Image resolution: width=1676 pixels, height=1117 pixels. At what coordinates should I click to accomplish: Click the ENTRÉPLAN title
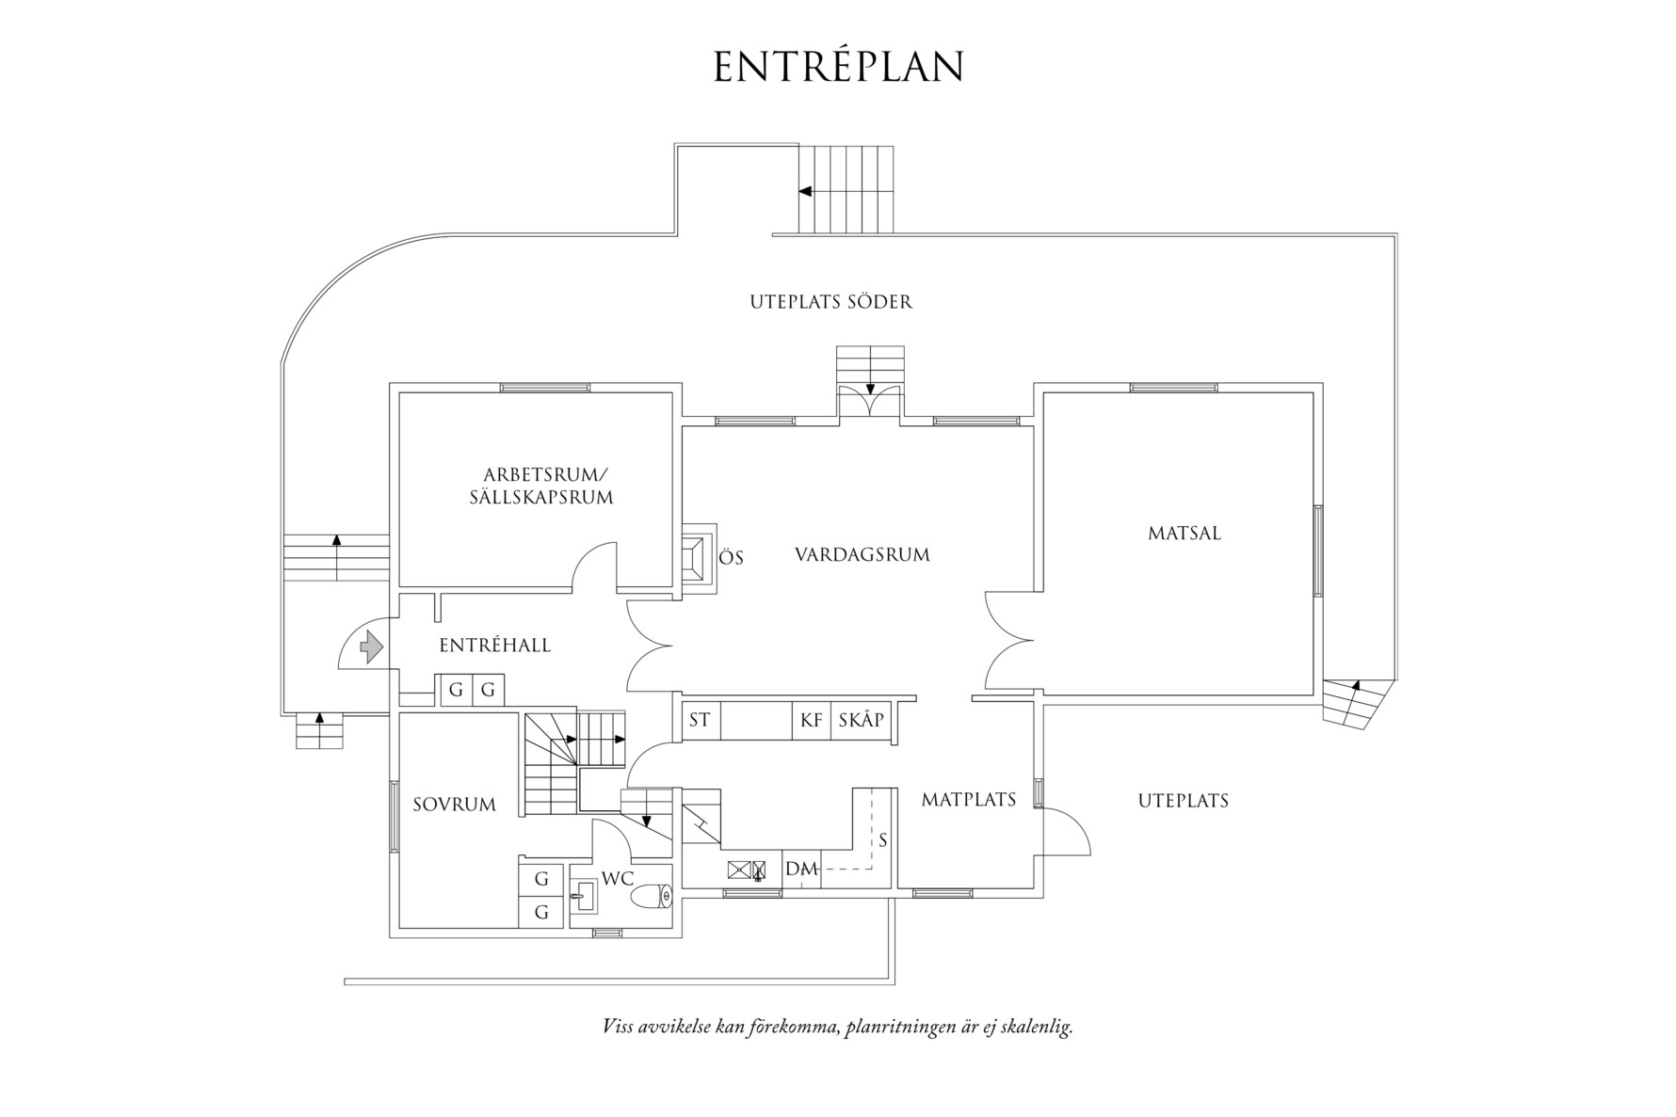click(838, 67)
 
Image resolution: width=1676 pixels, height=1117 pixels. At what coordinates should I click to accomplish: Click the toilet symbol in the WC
click(652, 897)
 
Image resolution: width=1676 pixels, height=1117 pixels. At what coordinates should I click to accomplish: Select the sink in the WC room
click(581, 896)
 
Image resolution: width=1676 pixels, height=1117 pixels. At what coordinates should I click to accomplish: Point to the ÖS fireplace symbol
click(696, 556)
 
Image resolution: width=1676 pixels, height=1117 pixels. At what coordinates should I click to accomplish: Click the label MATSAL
click(1184, 533)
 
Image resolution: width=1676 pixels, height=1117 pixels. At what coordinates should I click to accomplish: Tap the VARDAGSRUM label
click(862, 554)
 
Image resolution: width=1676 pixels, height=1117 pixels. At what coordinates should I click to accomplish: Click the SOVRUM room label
click(454, 805)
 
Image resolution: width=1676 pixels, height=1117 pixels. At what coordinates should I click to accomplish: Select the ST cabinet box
click(700, 720)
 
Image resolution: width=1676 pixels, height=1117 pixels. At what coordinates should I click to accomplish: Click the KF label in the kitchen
click(811, 721)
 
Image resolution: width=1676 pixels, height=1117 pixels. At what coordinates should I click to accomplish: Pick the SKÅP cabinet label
click(861, 721)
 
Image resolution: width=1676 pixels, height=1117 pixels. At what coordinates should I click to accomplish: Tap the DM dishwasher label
click(800, 869)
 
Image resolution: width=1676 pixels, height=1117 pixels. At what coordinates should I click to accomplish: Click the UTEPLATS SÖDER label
click(830, 302)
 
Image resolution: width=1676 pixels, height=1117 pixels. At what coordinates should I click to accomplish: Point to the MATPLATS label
click(968, 800)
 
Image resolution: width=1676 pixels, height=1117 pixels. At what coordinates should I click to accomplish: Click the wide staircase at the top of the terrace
click(845, 190)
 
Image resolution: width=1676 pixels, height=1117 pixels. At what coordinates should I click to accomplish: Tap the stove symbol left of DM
click(747, 870)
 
